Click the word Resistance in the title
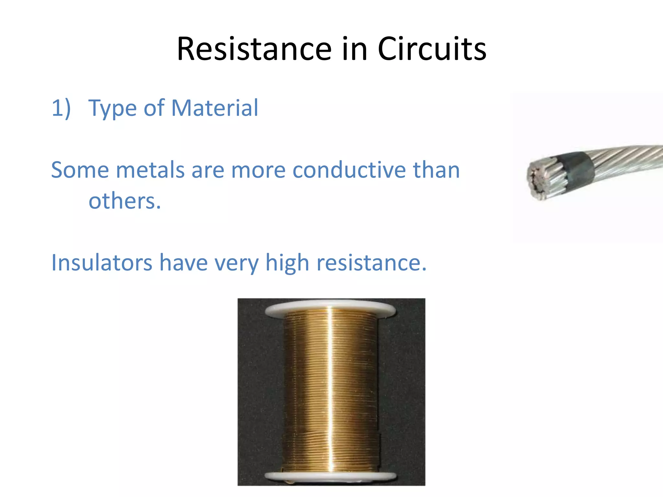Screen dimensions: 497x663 click(254, 49)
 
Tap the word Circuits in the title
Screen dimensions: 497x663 click(432, 49)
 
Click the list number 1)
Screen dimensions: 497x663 click(61, 108)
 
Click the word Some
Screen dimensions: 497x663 click(80, 170)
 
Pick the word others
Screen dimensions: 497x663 click(125, 201)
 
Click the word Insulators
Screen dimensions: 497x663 click(102, 262)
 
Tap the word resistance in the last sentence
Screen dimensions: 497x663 click(371, 262)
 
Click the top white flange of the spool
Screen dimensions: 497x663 click(330, 308)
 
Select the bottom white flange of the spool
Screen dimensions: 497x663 click(330, 476)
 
